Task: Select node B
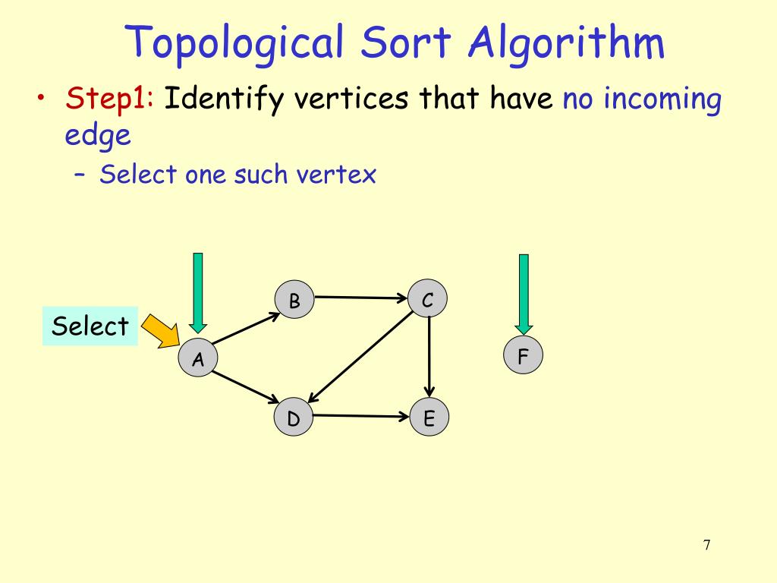(x=294, y=301)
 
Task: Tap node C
(x=428, y=301)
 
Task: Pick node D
(x=294, y=418)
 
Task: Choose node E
(x=429, y=418)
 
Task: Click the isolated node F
(x=523, y=355)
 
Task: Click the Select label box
(x=90, y=326)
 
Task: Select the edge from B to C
(x=361, y=298)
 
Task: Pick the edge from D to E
(x=361, y=416)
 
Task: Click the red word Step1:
(x=111, y=98)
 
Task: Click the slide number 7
(x=706, y=545)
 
